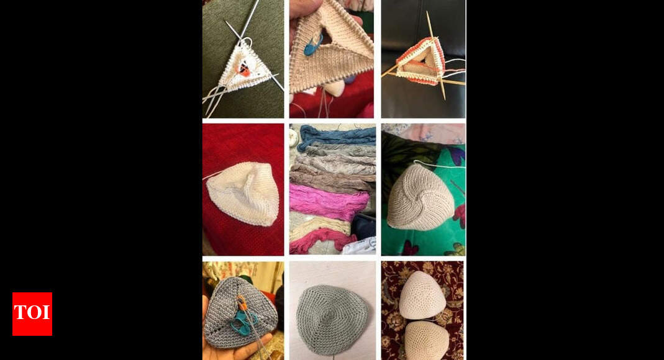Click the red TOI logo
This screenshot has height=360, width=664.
pyautogui.click(x=32, y=314)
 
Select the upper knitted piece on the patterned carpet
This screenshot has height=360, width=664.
pyautogui.click(x=422, y=294)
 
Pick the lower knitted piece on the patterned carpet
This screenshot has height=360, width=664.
pyautogui.click(x=427, y=340)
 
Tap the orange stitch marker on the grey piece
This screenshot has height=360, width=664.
pyautogui.click(x=242, y=302)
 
